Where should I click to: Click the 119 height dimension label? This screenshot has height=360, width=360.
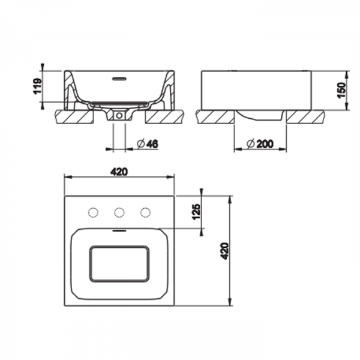(37, 86)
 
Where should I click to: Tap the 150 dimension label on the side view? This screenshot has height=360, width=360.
(341, 90)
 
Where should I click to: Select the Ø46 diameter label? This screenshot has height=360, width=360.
(148, 144)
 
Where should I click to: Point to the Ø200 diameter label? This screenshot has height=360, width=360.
(260, 144)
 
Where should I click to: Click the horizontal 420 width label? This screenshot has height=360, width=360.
(119, 172)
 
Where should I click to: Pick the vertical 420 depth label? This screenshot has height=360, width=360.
(224, 251)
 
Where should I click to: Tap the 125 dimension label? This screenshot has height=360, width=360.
(196, 211)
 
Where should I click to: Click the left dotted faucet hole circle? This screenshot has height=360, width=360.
(93, 212)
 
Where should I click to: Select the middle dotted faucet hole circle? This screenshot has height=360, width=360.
(119, 212)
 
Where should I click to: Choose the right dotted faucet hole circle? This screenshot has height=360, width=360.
(145, 212)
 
